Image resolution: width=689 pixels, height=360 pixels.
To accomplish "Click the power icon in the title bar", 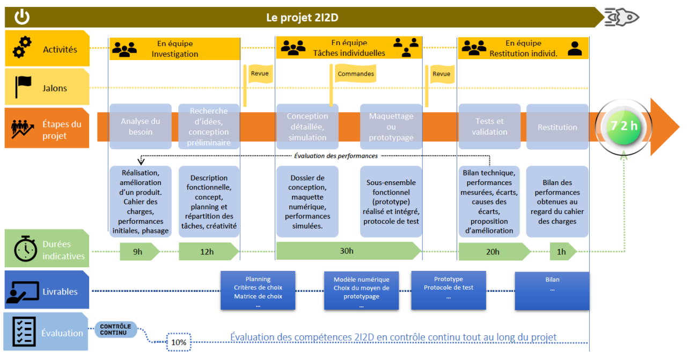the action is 22,17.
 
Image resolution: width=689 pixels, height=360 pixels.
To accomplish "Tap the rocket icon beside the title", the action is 621,17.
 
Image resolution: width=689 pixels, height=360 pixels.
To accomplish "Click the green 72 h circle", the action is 624,127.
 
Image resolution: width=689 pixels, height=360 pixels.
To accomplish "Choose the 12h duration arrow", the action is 209,252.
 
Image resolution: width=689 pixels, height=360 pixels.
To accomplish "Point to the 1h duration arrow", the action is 563,252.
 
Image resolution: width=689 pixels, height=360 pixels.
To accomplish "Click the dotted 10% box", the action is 179,342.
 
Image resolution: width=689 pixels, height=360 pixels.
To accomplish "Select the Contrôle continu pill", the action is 116,329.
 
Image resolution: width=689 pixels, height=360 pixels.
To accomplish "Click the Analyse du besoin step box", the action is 141,127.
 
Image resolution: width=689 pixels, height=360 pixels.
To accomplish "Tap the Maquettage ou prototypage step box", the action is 391,127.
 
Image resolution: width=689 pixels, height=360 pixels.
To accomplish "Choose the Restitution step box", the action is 558,127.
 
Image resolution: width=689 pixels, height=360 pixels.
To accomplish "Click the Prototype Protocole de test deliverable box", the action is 449,290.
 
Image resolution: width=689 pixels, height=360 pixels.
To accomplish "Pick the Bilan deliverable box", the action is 552,290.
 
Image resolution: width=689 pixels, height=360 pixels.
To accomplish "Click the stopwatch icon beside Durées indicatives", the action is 26,248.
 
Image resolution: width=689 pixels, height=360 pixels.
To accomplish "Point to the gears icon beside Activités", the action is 22,47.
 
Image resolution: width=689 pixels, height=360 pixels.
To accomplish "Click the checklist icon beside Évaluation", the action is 24,332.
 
